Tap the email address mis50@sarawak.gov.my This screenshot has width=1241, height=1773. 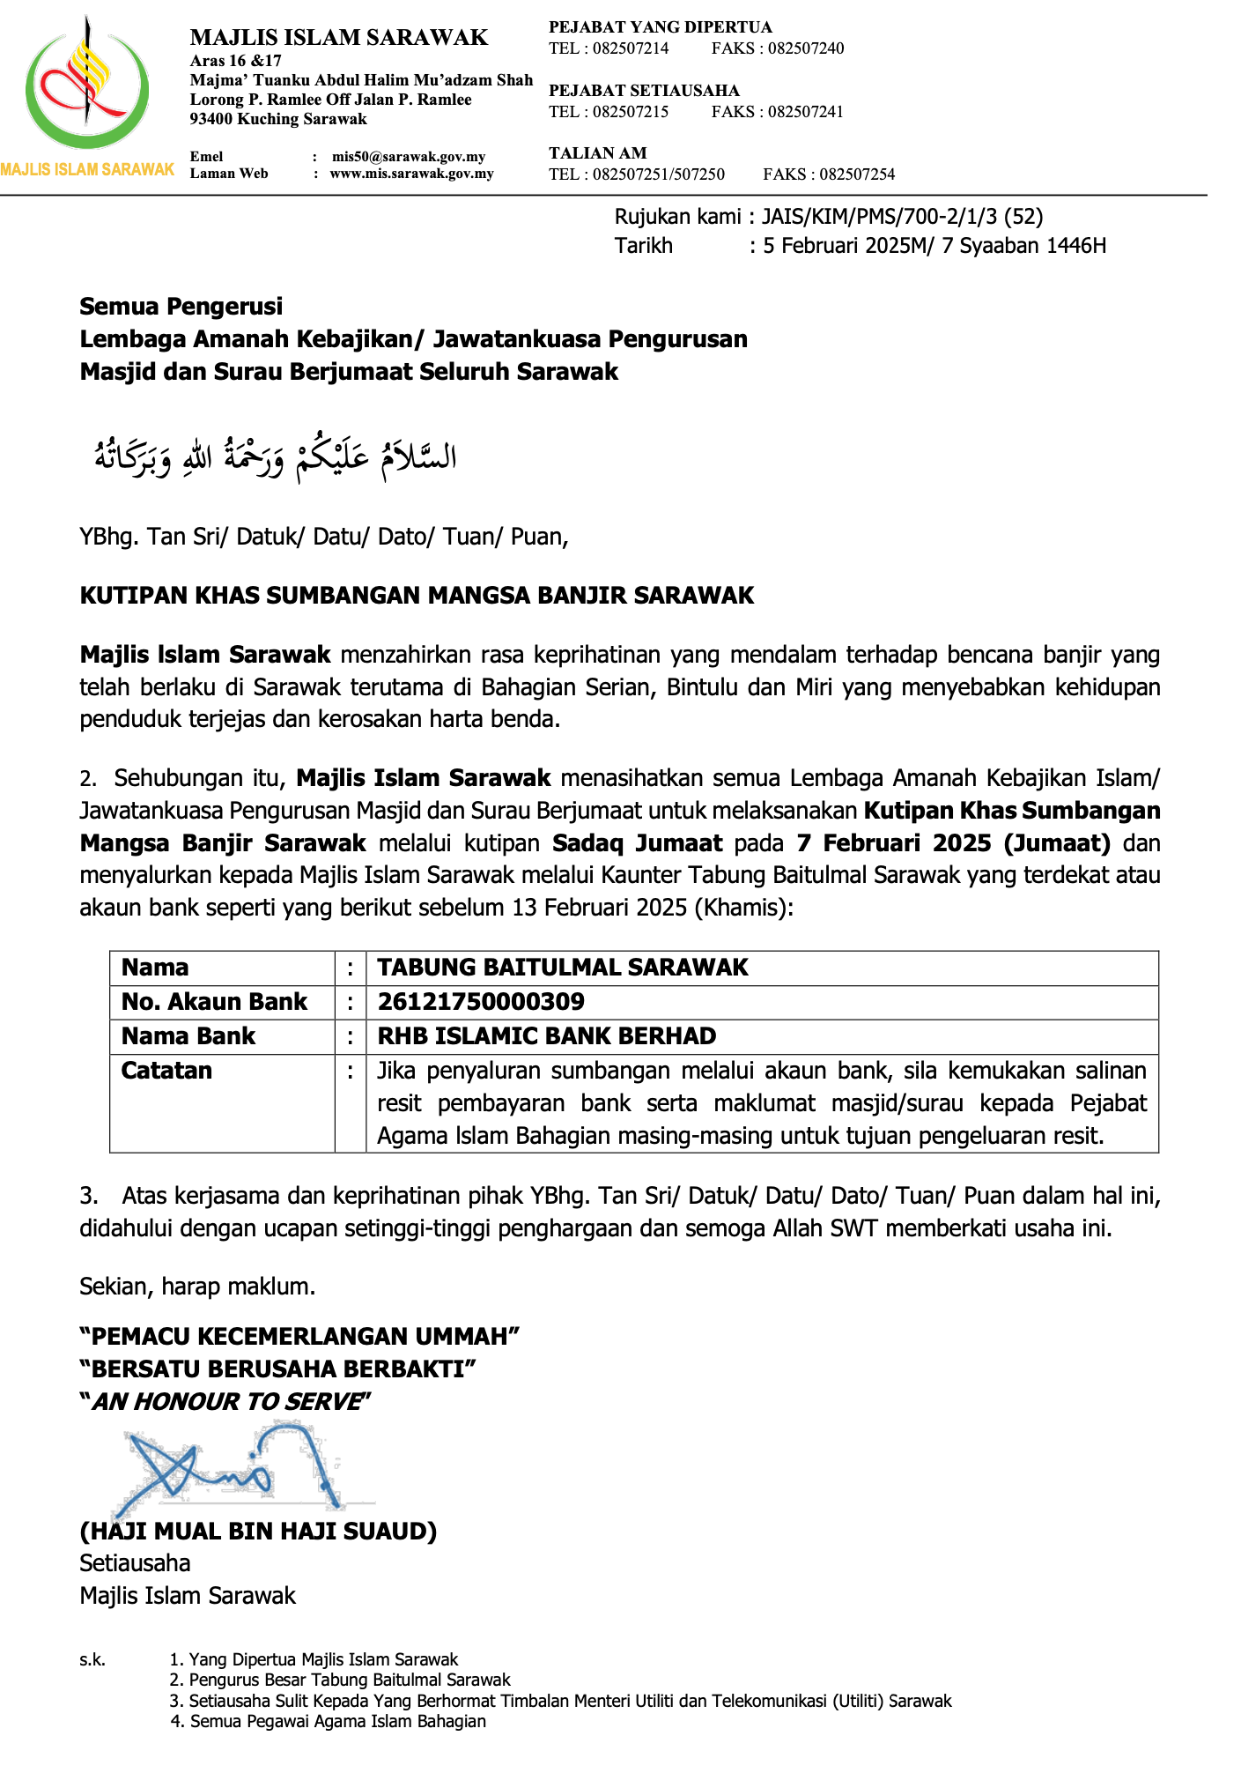click(408, 157)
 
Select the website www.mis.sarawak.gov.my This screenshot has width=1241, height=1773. click(411, 174)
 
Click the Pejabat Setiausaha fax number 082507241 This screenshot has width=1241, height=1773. click(805, 112)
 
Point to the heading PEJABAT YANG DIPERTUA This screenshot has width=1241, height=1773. click(660, 27)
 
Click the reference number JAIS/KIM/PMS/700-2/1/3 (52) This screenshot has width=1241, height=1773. click(902, 217)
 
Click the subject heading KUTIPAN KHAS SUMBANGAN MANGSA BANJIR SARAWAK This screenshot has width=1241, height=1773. click(417, 596)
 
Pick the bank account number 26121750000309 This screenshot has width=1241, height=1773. click(481, 1002)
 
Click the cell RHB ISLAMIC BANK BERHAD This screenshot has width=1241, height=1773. click(547, 1036)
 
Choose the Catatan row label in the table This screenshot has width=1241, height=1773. click(166, 1071)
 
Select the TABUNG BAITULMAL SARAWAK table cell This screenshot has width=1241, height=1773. click(563, 968)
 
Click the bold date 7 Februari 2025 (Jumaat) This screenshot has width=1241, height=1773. click(953, 843)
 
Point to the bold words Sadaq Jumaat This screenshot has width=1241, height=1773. click(638, 843)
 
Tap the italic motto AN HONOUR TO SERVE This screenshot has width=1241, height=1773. click(226, 1402)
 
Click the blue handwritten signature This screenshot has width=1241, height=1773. click(233, 1467)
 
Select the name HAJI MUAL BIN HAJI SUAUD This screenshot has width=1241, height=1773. click(258, 1531)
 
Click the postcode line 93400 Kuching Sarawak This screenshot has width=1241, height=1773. click(278, 119)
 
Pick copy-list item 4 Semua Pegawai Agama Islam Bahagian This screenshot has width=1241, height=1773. click(337, 1721)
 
